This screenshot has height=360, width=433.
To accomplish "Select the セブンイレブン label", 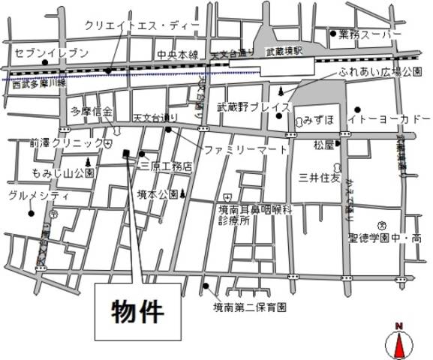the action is click(51, 52).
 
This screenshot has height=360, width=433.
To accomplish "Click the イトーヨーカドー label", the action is click(389, 120).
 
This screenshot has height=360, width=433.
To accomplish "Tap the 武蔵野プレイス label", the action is click(253, 107).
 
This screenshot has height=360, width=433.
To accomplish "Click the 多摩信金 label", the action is click(92, 112).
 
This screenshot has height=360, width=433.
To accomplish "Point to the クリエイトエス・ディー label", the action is click(143, 25).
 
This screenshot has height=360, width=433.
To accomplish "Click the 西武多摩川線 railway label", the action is click(39, 85).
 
